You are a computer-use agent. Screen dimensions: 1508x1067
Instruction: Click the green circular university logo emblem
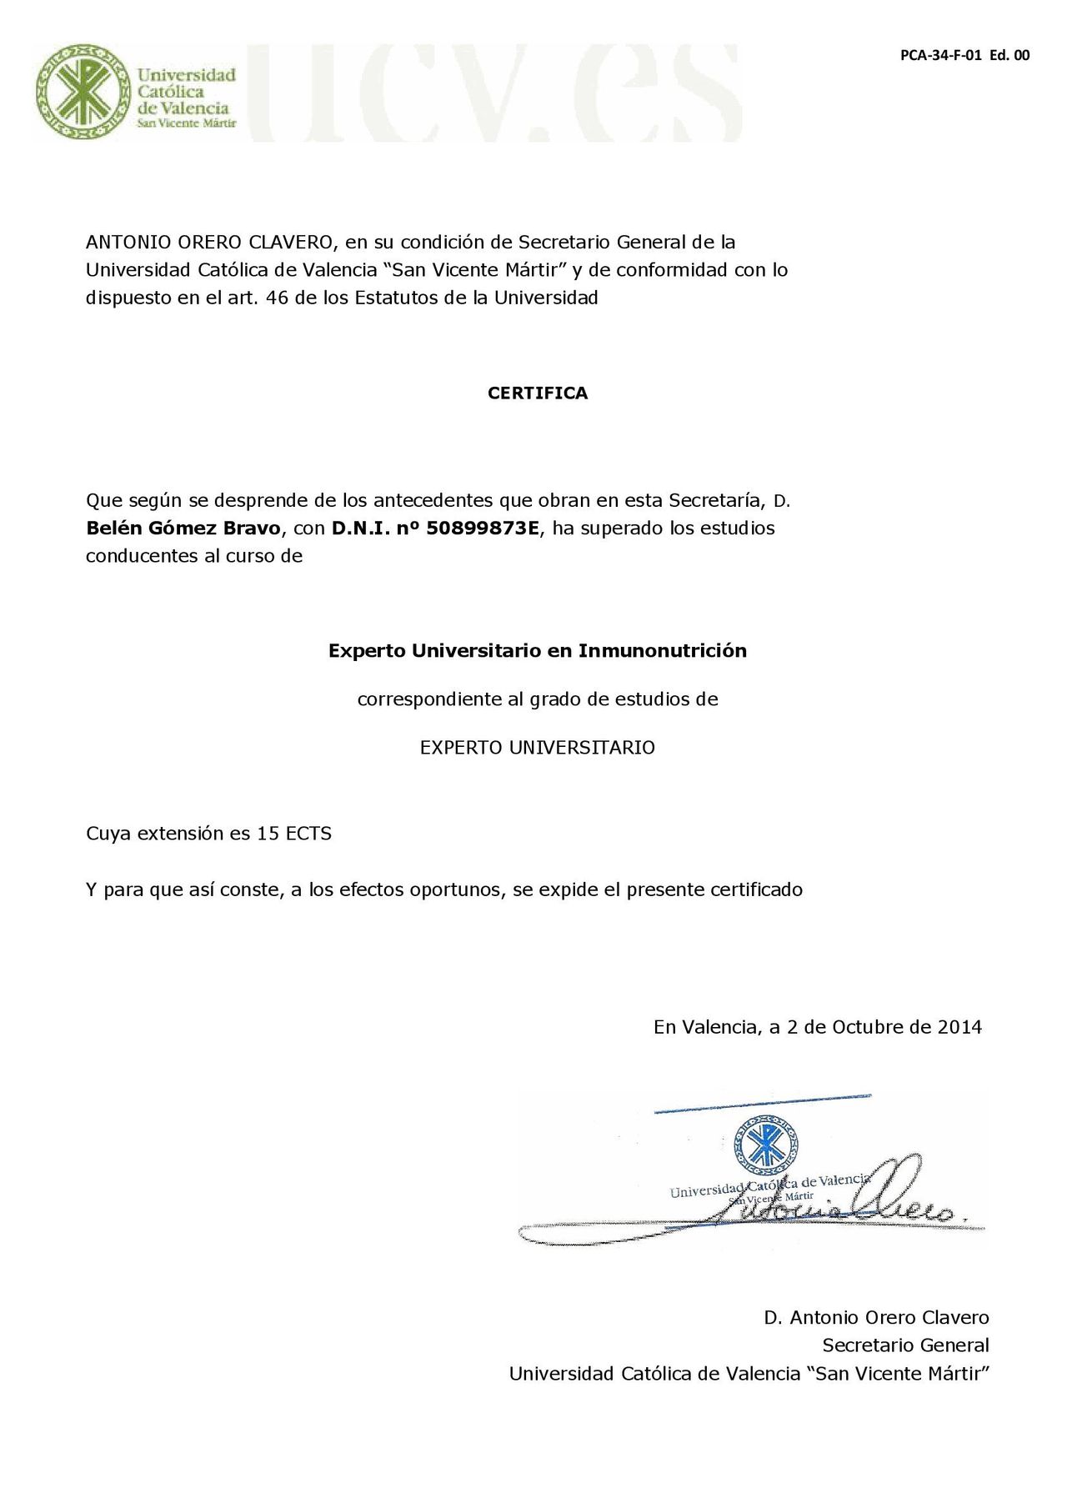click(83, 92)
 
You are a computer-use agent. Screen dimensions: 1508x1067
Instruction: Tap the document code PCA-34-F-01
click(941, 56)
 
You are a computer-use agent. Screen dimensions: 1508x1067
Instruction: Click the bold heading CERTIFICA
click(538, 393)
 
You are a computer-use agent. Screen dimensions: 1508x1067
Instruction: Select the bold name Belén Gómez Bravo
click(183, 529)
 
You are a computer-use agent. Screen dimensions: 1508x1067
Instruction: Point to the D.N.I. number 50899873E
click(483, 529)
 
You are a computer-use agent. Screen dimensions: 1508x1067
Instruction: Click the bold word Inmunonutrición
click(663, 651)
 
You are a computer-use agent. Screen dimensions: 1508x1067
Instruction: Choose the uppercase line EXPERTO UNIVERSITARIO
click(538, 748)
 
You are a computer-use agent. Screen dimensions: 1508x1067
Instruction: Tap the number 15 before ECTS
click(268, 834)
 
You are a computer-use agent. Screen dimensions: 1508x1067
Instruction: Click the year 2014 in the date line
click(959, 1027)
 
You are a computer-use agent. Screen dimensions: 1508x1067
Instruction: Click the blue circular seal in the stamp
click(764, 1148)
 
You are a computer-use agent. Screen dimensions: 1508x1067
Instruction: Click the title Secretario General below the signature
click(905, 1345)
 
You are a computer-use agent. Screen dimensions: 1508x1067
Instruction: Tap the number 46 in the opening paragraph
click(277, 298)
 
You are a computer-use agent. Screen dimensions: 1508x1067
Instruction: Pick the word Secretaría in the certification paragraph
click(717, 501)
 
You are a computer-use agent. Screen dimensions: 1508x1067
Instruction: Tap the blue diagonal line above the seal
click(763, 1103)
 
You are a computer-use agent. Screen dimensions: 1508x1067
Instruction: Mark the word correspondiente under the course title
click(429, 699)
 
